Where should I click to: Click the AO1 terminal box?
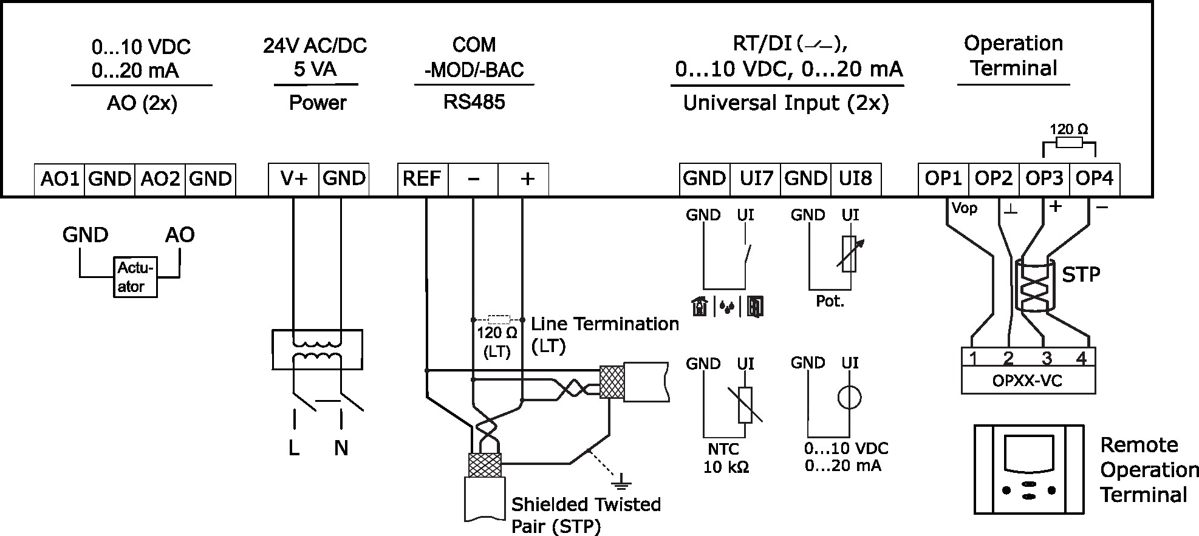[x=59, y=179]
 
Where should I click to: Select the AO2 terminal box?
[x=160, y=179]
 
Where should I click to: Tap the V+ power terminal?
[x=293, y=179]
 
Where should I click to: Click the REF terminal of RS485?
[x=422, y=179]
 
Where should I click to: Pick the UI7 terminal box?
[x=756, y=179]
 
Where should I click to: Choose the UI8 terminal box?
[x=855, y=179]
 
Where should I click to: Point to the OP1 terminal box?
[x=943, y=179]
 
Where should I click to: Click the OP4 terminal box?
[x=1094, y=179]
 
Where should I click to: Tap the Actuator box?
[x=135, y=277]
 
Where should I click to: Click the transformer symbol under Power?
[x=317, y=350]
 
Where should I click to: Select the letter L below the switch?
[x=294, y=449]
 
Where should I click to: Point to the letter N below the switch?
[x=341, y=449]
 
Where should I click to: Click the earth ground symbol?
[x=621, y=483]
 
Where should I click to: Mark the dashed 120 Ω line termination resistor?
[x=499, y=319]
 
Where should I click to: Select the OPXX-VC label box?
[x=1028, y=381]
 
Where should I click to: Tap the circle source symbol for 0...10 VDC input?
[x=849, y=398]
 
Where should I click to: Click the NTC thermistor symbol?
[x=745, y=405]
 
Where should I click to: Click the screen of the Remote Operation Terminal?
[x=1028, y=453]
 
